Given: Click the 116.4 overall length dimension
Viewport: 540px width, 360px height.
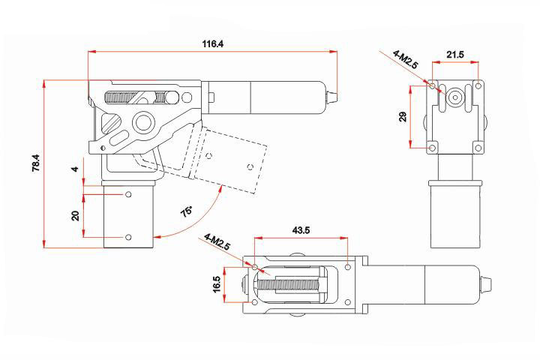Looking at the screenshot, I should [212, 44].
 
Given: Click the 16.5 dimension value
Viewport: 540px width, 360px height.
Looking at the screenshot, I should [217, 285].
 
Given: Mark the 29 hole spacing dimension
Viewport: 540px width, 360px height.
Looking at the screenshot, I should [403, 116].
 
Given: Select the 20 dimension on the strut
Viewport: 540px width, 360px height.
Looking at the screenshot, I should [75, 215].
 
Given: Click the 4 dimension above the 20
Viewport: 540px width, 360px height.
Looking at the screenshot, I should [75, 169].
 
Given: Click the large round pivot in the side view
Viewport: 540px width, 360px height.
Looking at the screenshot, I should [142, 121].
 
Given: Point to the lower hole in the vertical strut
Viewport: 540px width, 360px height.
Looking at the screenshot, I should [128, 237].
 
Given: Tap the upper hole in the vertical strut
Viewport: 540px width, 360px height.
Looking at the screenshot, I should [128, 194].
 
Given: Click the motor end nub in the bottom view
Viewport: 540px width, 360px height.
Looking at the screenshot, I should [487, 285].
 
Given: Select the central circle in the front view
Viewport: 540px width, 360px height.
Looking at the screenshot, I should [454, 97].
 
